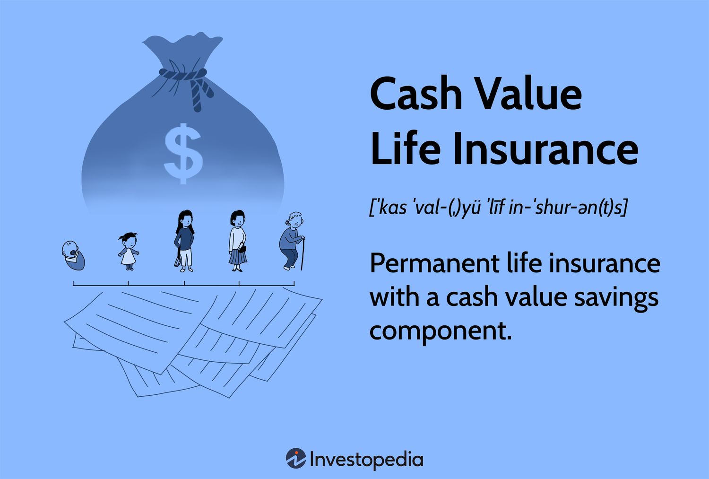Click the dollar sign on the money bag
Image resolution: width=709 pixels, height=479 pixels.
point(183,153)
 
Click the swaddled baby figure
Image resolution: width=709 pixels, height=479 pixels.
point(73,256)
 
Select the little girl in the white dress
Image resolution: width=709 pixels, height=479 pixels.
point(128,251)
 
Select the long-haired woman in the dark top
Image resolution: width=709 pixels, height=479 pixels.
point(185,240)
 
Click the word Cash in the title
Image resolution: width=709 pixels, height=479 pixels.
point(416,93)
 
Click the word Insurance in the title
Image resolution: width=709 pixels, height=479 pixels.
point(545,148)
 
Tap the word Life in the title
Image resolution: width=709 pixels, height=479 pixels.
point(405,148)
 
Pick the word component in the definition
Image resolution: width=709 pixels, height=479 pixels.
point(440,330)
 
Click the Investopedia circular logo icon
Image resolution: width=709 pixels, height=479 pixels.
point(296,459)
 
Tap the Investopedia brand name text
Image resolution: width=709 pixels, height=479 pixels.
point(366,459)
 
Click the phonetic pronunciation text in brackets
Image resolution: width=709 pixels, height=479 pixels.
point(498,207)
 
